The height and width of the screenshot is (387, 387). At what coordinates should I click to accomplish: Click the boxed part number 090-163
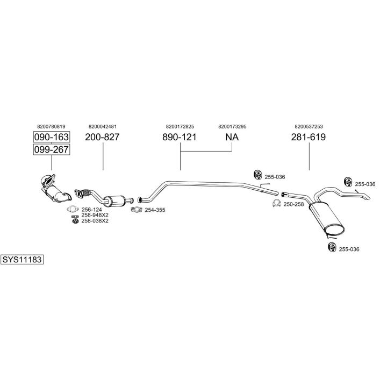point(52,137)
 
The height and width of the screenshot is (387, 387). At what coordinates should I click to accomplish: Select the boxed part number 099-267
point(52,149)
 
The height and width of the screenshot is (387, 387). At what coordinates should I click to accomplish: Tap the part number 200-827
point(102,137)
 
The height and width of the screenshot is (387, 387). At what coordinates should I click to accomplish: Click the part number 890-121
point(180,137)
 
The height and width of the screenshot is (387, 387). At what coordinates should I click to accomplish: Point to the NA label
point(232,137)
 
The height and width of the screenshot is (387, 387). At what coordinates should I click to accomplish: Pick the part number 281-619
point(309,137)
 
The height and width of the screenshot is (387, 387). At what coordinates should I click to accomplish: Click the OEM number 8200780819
point(52,126)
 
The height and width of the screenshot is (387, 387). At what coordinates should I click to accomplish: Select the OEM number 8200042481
point(102,126)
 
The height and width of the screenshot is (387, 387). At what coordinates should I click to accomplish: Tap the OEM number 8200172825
point(180,126)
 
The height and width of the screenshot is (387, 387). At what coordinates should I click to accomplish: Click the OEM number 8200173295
point(232,126)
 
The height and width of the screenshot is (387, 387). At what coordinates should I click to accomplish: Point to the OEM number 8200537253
point(309,126)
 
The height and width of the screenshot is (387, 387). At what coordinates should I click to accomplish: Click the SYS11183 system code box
point(21,259)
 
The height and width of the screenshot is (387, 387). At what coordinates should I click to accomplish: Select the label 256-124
point(91,210)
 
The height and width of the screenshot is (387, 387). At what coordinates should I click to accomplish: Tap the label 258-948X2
point(95,215)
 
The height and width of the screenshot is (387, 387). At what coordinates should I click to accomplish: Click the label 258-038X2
point(95,220)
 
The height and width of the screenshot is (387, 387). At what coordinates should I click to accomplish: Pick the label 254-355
point(155,210)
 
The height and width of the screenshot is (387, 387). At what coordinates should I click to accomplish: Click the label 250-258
point(293,204)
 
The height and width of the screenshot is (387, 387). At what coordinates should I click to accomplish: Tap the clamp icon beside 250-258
point(276,203)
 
